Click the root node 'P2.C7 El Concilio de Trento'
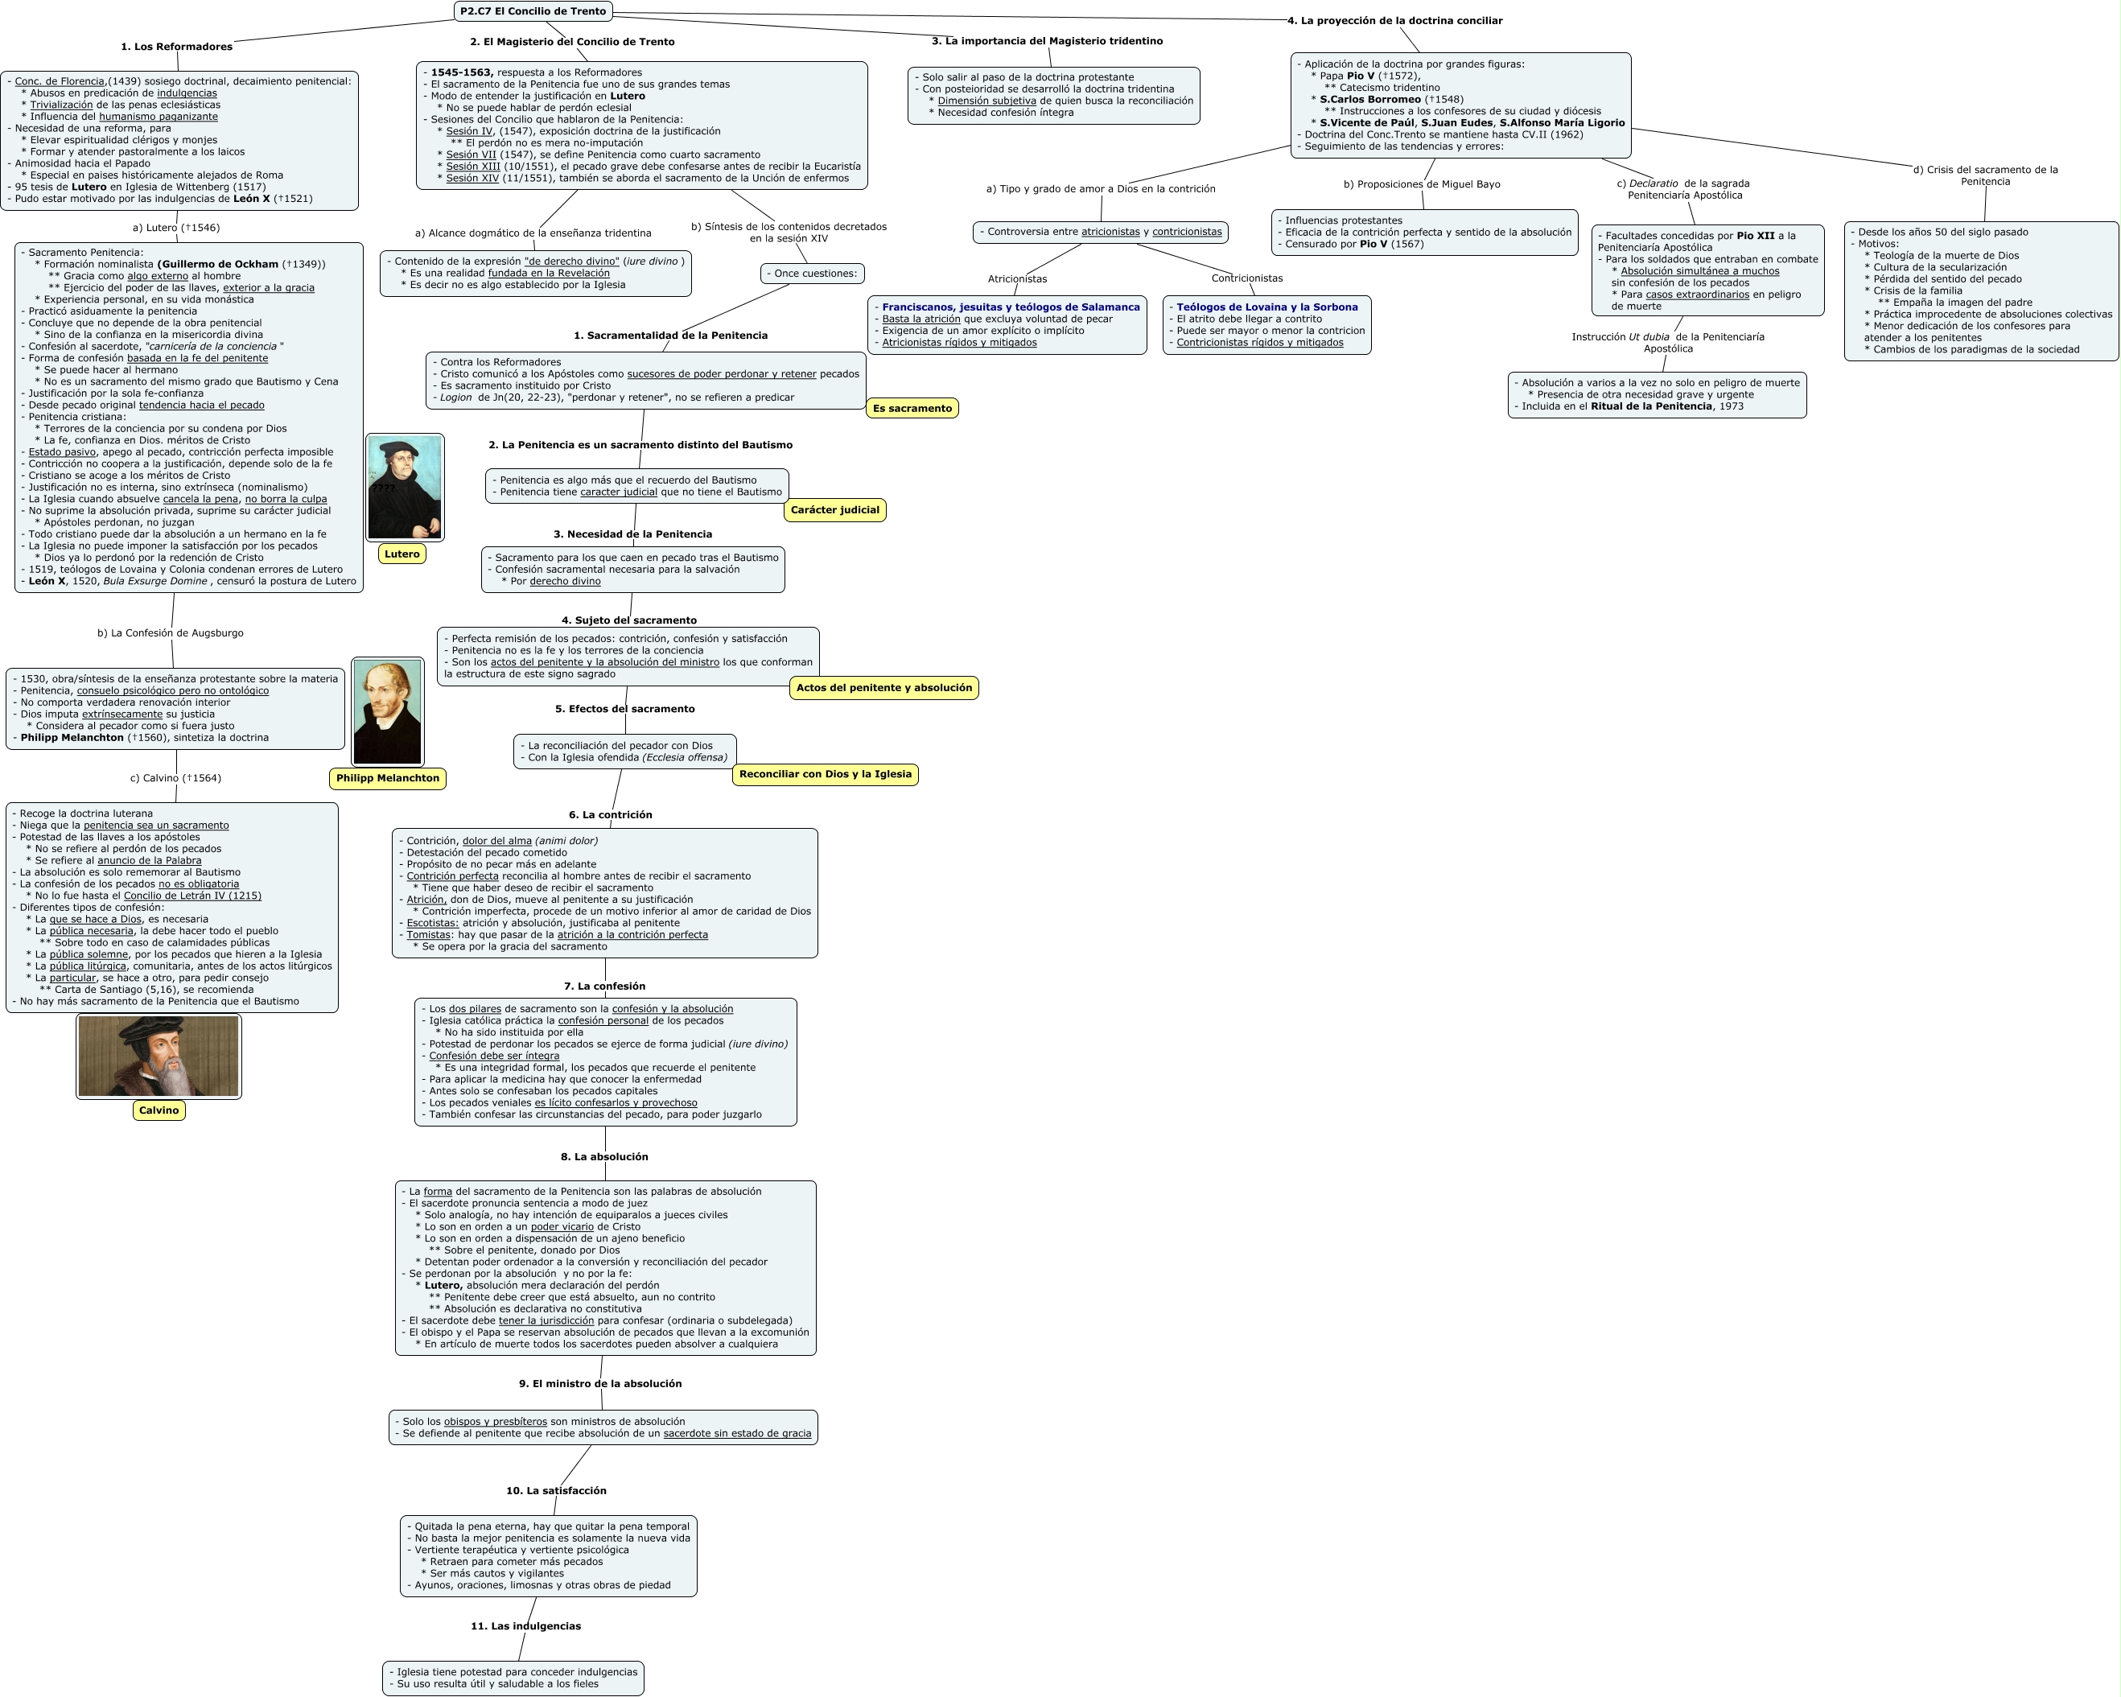click(x=533, y=10)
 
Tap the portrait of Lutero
click(x=405, y=487)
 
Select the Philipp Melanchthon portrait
click(x=386, y=711)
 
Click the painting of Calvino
click(x=159, y=1057)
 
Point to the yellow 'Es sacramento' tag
click(x=912, y=408)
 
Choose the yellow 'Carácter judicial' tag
click(x=834, y=509)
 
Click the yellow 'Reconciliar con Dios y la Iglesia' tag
click(x=825, y=774)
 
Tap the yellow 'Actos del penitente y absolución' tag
click(x=883, y=688)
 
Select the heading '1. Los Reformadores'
click(x=177, y=46)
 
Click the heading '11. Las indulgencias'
click(x=525, y=1626)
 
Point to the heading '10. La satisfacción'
click(x=556, y=1490)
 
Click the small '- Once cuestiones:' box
click(x=812, y=274)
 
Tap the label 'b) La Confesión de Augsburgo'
click(x=171, y=632)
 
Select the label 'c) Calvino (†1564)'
click(x=175, y=778)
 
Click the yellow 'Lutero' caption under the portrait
click(x=402, y=554)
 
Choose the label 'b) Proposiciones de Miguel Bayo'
click(x=1422, y=184)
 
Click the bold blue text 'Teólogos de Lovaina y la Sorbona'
click(x=1266, y=307)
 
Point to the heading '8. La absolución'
click(x=604, y=1157)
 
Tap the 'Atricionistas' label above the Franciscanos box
click(x=1017, y=278)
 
